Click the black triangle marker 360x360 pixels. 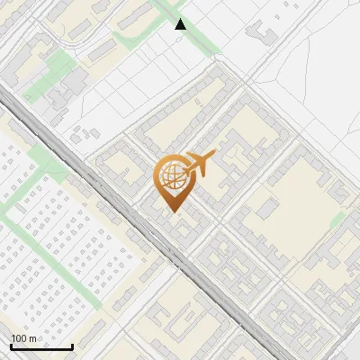(x=181, y=24)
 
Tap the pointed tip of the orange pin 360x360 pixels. (x=171, y=211)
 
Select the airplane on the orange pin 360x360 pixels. (x=199, y=163)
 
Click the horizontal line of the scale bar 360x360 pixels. (x=41, y=346)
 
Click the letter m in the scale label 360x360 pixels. (x=32, y=338)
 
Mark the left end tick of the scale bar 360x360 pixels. (x=11, y=345)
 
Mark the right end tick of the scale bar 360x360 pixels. (x=72, y=345)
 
